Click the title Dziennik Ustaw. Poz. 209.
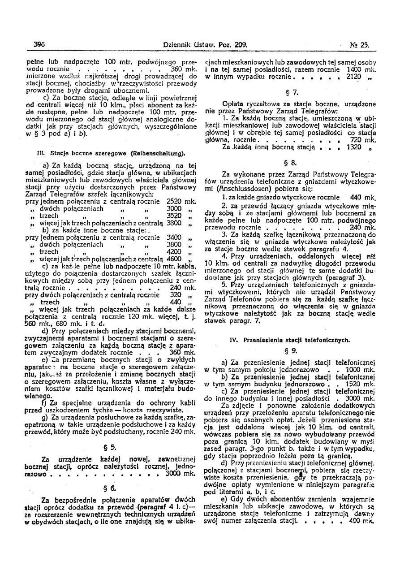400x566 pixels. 206,45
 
